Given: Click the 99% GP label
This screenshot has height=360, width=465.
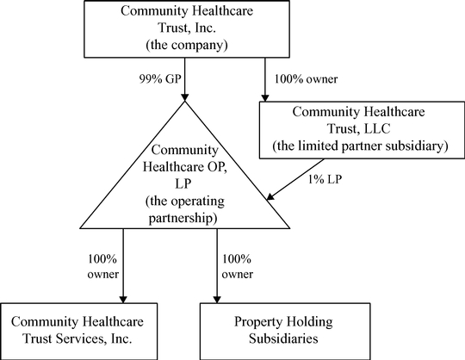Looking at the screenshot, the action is tap(160, 79).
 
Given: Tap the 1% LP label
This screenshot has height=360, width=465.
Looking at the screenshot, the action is tap(325, 179).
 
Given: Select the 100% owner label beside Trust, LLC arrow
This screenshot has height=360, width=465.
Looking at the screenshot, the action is tap(306, 79).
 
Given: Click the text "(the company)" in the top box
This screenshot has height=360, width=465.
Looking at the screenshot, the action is tap(187, 45).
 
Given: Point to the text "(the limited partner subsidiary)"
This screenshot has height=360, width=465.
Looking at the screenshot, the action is tap(360, 146).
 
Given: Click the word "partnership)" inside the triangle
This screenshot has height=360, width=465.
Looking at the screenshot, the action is tap(183, 219).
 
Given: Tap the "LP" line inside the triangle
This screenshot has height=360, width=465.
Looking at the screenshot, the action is tap(183, 183).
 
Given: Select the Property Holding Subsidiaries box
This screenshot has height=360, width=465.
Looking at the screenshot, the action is tap(285, 332).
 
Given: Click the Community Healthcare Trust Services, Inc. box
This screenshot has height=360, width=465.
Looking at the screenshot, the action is tap(79, 332).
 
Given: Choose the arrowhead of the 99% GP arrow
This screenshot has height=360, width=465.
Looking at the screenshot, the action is tap(185, 97).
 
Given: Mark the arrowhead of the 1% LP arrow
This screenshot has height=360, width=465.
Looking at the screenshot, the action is tap(270, 197).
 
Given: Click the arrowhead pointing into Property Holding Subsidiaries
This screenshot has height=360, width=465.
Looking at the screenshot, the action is tap(217, 299).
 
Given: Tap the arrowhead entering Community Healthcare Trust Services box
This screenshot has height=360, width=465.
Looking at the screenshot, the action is tap(123, 299).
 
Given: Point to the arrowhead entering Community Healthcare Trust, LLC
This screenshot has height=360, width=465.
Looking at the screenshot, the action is tap(265, 98).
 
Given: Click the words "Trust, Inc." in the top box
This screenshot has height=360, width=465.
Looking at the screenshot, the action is tap(187, 28).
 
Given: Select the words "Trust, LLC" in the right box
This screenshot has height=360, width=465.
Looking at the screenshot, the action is tap(358, 128).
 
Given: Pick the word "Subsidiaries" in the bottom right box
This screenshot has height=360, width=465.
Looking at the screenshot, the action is tap(283, 338).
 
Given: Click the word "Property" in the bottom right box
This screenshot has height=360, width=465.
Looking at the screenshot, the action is tap(256, 322).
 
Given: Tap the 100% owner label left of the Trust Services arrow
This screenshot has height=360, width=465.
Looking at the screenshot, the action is tap(102, 267).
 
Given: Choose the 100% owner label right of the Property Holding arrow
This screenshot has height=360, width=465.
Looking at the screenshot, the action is tap(238, 267).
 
